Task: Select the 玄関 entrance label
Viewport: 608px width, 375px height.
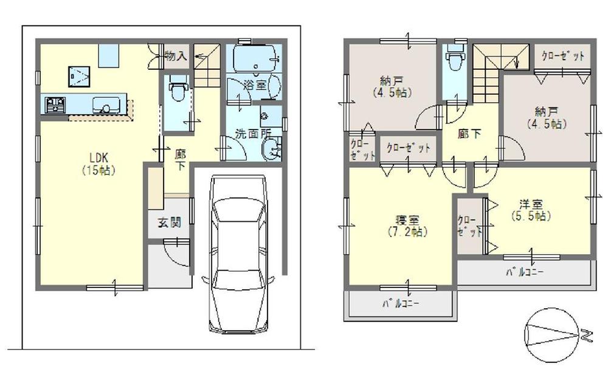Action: pos(170,222)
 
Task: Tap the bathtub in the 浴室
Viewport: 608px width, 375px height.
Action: pos(254,60)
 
